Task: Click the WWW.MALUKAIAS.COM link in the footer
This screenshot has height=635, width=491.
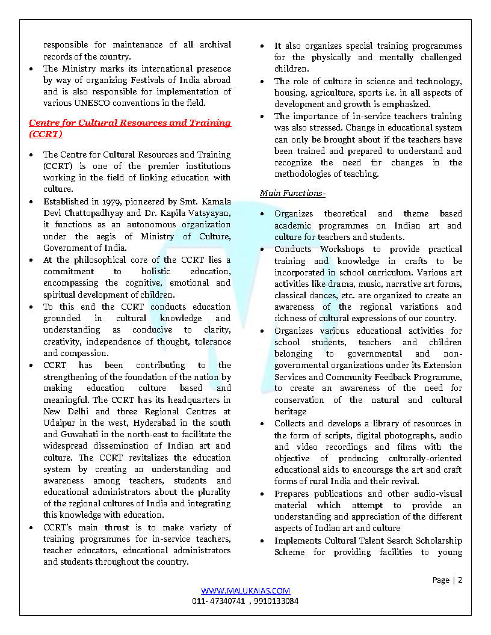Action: point(245,591)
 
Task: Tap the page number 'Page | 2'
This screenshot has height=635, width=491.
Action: point(447,580)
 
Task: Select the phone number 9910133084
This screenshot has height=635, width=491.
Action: point(276,601)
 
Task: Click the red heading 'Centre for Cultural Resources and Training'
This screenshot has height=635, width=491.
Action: point(130,123)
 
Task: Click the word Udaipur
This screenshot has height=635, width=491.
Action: point(59,423)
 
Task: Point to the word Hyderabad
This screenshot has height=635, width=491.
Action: point(159,423)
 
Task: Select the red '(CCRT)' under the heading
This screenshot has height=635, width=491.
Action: point(45,134)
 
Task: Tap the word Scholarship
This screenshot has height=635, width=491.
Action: point(435,541)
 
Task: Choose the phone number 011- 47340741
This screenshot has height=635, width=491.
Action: point(218,601)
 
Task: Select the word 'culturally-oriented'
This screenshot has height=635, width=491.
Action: point(418,458)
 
